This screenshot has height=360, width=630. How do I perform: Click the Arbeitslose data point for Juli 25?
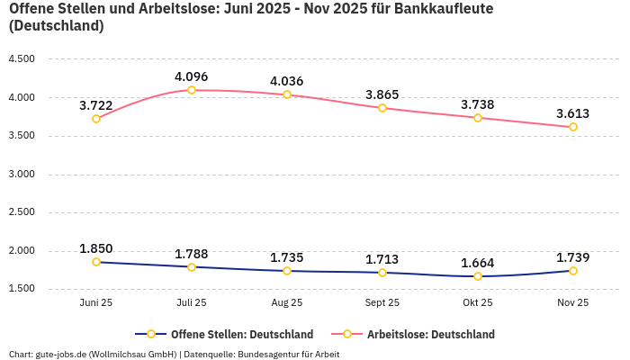coord(192,90)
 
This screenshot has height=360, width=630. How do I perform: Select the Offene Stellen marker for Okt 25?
coord(478,276)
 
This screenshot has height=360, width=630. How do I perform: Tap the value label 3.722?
coord(96,105)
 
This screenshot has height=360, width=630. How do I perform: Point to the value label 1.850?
coord(96,248)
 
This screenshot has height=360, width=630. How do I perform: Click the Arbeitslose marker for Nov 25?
coord(573,127)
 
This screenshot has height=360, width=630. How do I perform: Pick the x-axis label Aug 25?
coord(287,303)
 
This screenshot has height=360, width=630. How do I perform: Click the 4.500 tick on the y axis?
coord(21,59)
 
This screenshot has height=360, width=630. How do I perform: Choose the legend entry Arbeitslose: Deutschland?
coord(430,334)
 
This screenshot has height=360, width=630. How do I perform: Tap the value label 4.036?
coord(287,82)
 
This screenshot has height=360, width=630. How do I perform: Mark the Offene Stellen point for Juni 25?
coord(96,262)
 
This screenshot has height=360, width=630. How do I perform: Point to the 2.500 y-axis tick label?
coord(21,212)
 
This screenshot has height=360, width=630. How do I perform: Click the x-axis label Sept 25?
coord(382,303)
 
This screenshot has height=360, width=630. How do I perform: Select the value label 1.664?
coord(478,263)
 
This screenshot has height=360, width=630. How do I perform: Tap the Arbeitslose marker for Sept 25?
coord(382,108)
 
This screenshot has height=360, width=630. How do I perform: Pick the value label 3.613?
coord(573,113)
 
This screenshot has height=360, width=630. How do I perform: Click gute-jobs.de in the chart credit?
coord(59,354)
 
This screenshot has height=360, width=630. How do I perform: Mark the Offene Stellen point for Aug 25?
coord(287,271)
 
